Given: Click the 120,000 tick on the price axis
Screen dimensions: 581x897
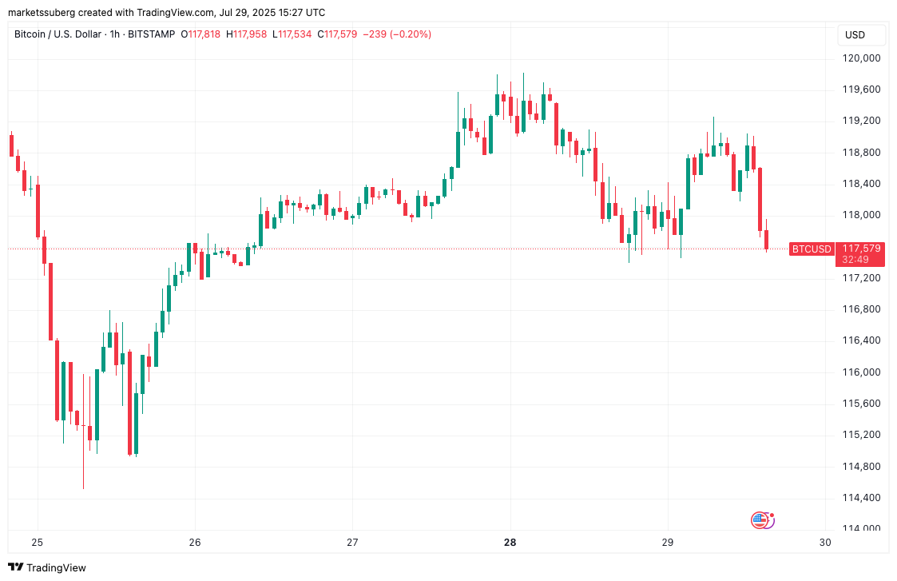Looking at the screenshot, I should click(x=861, y=58).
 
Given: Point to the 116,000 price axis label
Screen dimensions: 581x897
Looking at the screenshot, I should click(x=861, y=372).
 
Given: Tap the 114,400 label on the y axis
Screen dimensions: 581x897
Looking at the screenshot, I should click(x=861, y=498).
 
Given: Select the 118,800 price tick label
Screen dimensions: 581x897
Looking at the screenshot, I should click(x=861, y=153).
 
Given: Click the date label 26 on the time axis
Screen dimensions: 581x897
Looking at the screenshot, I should click(x=195, y=543).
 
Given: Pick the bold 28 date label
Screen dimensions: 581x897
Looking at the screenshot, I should click(x=510, y=543).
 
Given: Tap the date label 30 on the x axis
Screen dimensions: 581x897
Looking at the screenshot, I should click(x=825, y=543).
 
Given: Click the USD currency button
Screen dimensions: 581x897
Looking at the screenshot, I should click(x=855, y=35).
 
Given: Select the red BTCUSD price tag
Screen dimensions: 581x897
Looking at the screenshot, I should click(x=811, y=249).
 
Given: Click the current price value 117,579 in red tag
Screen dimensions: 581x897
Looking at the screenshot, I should click(x=861, y=249).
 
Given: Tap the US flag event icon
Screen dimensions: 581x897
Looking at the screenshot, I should click(x=760, y=520).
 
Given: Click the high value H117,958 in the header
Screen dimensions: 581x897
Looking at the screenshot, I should click(x=248, y=34).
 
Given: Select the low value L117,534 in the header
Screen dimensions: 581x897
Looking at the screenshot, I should click(x=292, y=34).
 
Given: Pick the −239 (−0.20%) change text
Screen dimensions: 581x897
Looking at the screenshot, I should click(x=397, y=34).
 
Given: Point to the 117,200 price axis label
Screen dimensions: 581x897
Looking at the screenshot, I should click(x=861, y=278).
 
